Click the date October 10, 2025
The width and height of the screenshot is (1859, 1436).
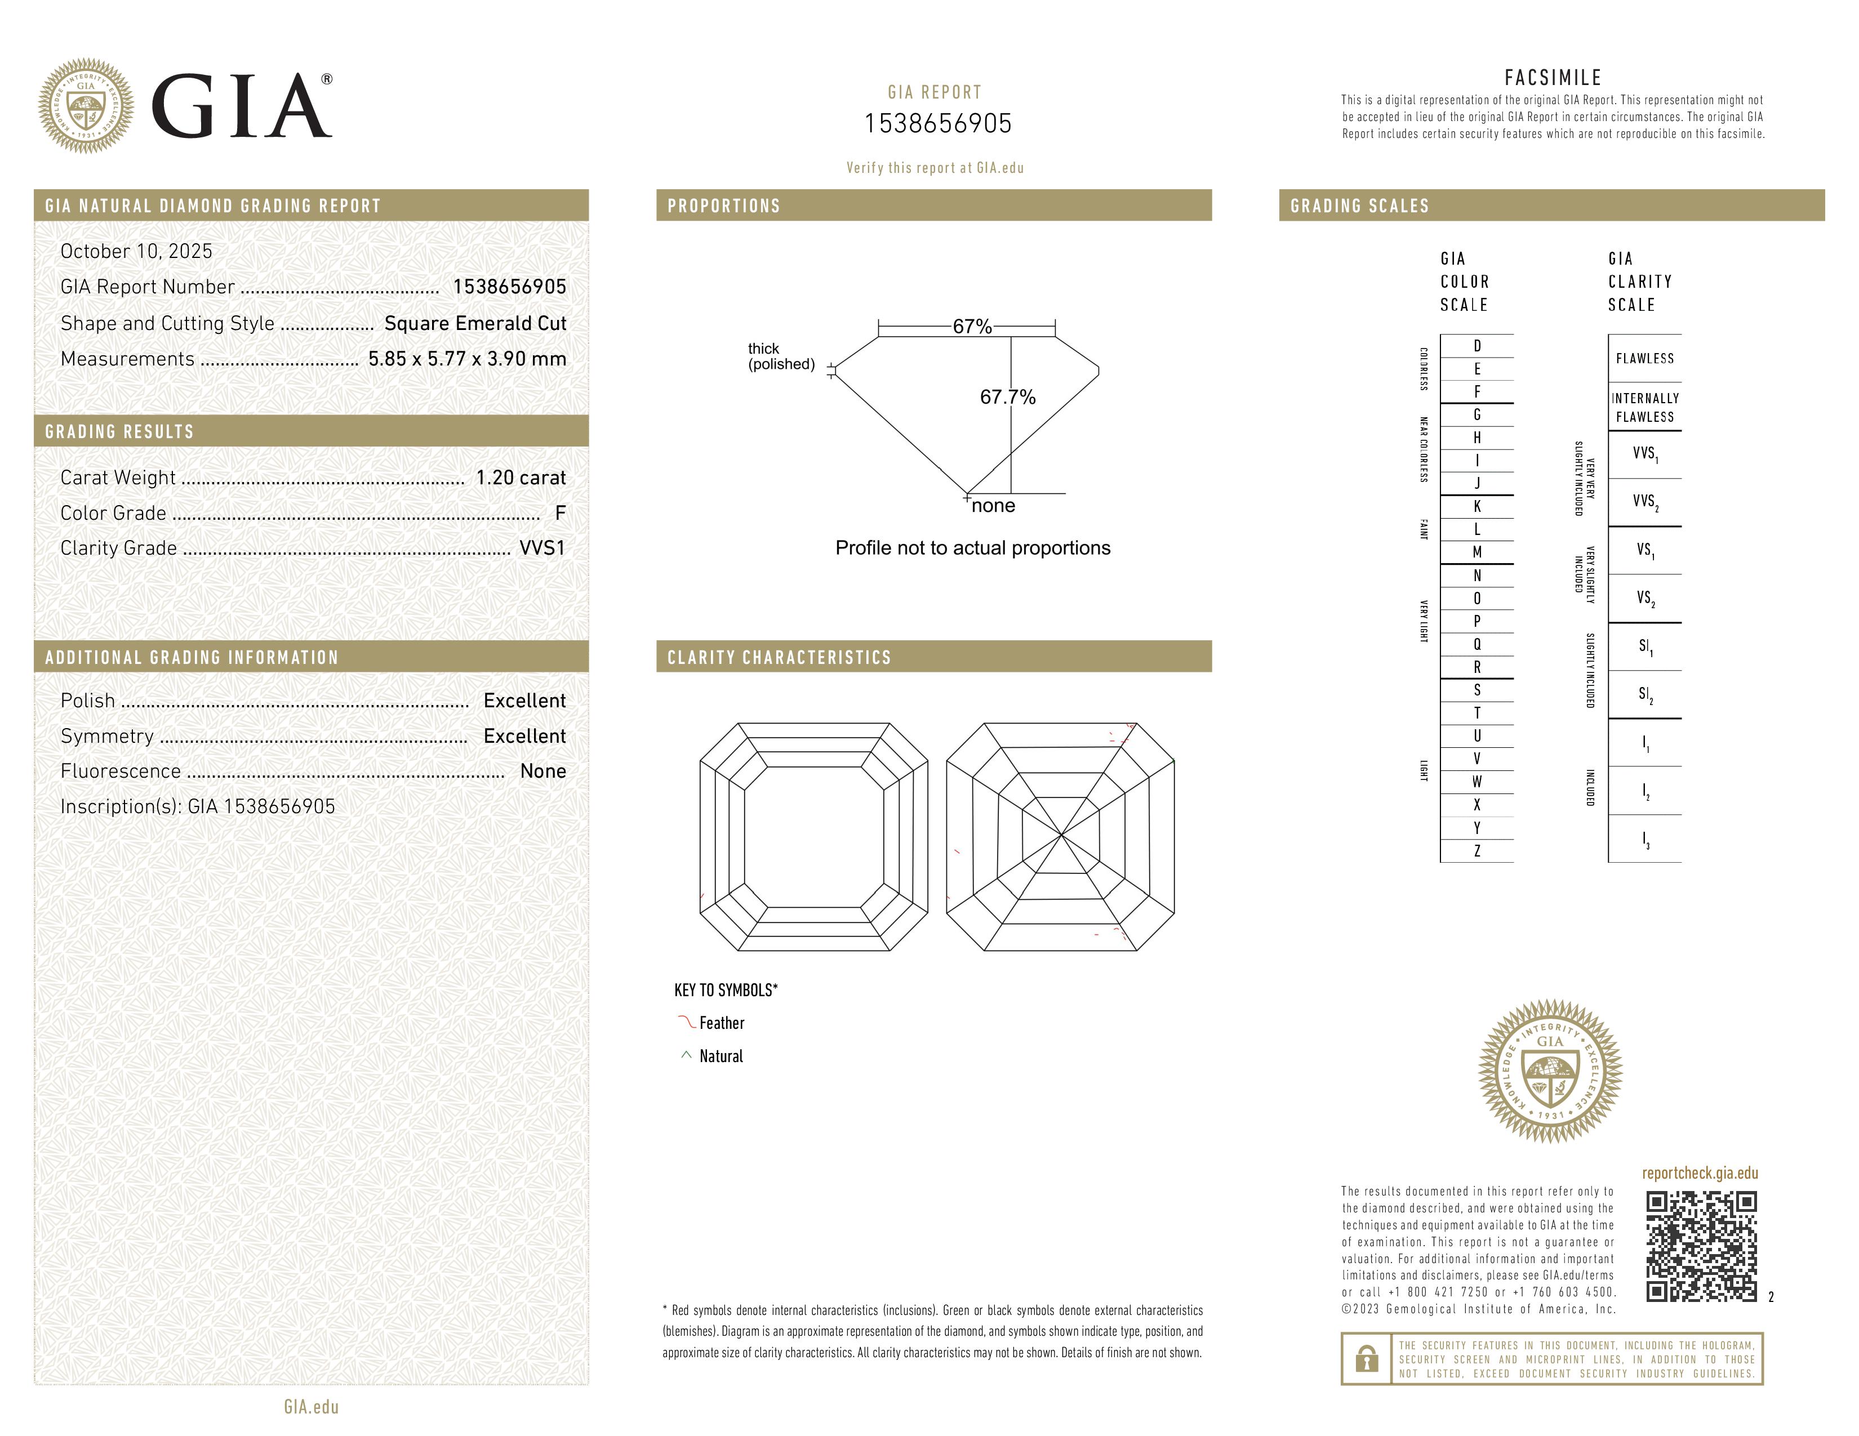pyautogui.click(x=136, y=251)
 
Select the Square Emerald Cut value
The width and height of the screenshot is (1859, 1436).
pyautogui.click(x=475, y=323)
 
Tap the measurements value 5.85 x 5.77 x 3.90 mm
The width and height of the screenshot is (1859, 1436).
pyautogui.click(x=466, y=359)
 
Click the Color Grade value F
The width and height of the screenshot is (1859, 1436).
pyautogui.click(x=560, y=513)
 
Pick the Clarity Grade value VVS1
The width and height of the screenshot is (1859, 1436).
pyautogui.click(x=542, y=548)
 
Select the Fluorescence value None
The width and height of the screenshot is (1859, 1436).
pyautogui.click(x=543, y=771)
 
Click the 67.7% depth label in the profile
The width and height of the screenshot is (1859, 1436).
pyautogui.click(x=1008, y=397)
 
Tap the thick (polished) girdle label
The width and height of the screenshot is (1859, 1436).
pyautogui.click(x=781, y=356)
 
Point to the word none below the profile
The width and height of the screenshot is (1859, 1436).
pyautogui.click(x=993, y=506)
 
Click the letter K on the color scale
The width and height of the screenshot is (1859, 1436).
pyautogui.click(x=1477, y=506)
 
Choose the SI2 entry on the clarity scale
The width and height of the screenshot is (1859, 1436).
pyautogui.click(x=1645, y=695)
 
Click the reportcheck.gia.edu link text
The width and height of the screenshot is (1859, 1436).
pyautogui.click(x=1699, y=1173)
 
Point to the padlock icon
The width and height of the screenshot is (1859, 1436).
pyautogui.click(x=1366, y=1359)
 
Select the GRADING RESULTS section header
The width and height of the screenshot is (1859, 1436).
pyautogui.click(x=119, y=432)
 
